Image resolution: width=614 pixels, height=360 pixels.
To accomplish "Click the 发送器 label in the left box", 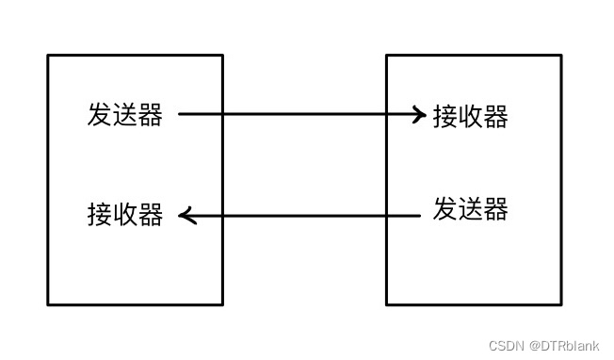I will [124, 115].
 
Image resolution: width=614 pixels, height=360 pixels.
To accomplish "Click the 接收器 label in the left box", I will [124, 215].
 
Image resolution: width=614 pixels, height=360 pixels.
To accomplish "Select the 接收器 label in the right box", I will [471, 116].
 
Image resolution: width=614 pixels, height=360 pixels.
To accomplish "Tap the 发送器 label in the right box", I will [471, 208].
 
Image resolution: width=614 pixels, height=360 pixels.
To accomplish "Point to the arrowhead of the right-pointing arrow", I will [421, 115].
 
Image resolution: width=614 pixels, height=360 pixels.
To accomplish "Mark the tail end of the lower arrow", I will [419, 216].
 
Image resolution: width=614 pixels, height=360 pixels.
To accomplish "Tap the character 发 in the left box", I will [100, 115].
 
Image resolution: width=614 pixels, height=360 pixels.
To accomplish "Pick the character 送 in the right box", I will [471, 208].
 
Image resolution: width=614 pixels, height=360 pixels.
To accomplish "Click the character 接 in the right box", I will [445, 116].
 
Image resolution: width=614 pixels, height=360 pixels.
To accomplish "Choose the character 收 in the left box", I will [124, 215].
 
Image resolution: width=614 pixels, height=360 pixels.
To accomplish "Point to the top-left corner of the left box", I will [48, 56].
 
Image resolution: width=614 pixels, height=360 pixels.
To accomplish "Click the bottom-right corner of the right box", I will [561, 304].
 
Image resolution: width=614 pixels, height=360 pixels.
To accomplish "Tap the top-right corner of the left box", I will [222, 56].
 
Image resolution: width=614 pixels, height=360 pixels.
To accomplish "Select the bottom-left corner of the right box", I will [387, 304].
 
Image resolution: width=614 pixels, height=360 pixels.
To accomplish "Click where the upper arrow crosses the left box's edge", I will [222, 115].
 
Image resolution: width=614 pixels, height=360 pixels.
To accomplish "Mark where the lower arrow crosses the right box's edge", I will [387, 216].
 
